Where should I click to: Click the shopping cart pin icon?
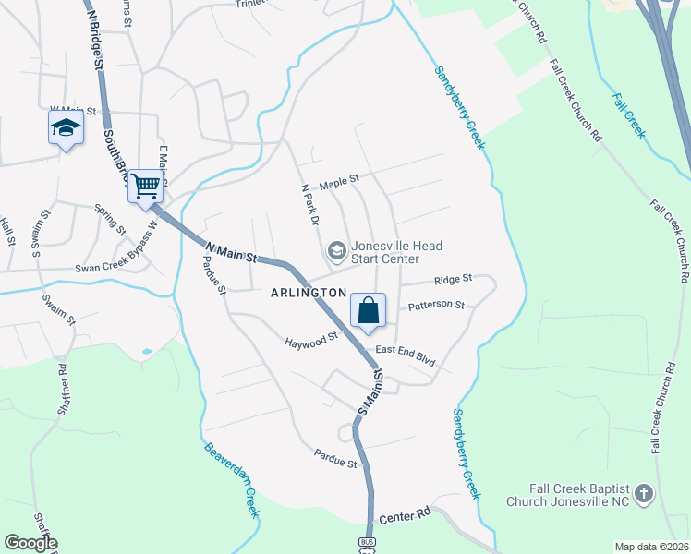point(146,187)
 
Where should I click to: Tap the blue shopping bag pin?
point(368,309)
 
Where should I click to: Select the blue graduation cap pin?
point(66,128)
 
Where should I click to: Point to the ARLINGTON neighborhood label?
point(309,292)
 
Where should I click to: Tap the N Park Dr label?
point(309,204)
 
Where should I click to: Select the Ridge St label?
point(454,278)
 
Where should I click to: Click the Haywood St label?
point(307,342)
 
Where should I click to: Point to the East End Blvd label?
point(405,357)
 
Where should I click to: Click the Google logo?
point(30,543)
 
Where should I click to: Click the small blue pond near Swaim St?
point(145,351)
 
